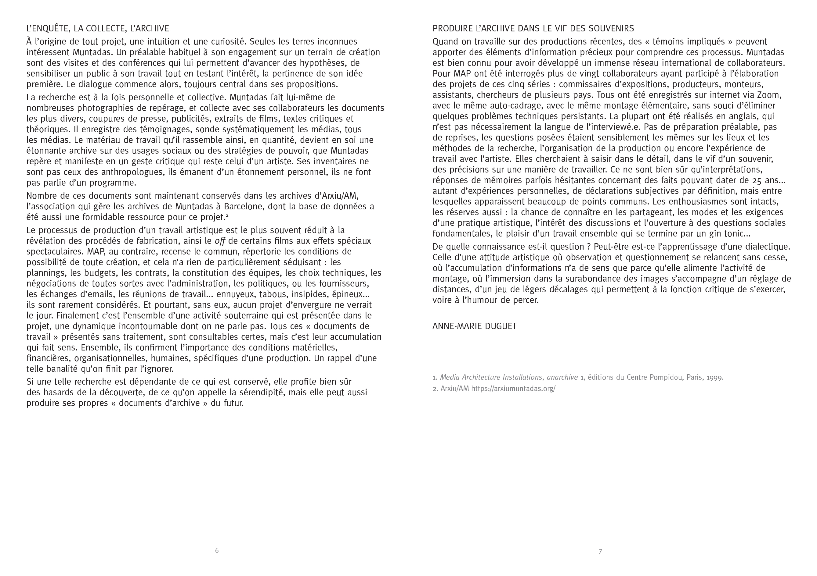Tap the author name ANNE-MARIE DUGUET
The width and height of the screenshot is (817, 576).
click(x=474, y=326)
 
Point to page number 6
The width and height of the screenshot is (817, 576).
click(x=217, y=550)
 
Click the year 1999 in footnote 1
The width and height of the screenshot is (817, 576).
click(x=714, y=377)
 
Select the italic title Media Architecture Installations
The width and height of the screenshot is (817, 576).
click(x=491, y=377)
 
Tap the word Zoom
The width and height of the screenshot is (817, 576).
click(x=770, y=95)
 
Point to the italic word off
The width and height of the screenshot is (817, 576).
click(x=220, y=241)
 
